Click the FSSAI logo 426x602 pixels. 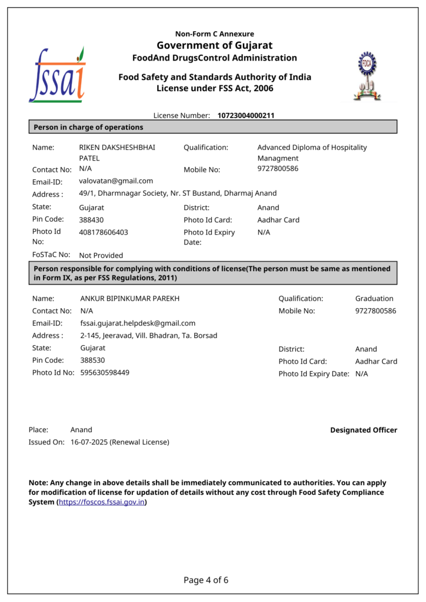coord(57,75)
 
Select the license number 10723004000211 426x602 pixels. coord(246,116)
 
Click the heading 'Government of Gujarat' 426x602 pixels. coord(214,46)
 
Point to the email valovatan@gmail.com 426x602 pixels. coord(116,181)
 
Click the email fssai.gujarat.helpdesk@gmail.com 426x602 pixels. coord(138,323)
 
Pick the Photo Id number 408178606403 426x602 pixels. coord(104,232)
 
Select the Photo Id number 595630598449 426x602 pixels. coord(105,372)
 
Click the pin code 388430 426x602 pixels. coord(92,220)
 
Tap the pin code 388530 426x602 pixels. coord(92,360)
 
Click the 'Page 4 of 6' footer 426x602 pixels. coord(206,580)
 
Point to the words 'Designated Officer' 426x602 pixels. coord(364,430)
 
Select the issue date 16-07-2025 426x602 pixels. coord(89,442)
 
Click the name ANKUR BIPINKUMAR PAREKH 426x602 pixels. coord(130,299)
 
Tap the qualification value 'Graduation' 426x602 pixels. coord(374,299)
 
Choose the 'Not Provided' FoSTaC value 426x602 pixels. coord(101,256)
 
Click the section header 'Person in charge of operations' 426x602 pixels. coord(88,127)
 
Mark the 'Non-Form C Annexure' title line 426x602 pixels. coord(214,34)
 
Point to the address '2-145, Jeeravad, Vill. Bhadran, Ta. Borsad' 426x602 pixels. coord(149,336)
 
